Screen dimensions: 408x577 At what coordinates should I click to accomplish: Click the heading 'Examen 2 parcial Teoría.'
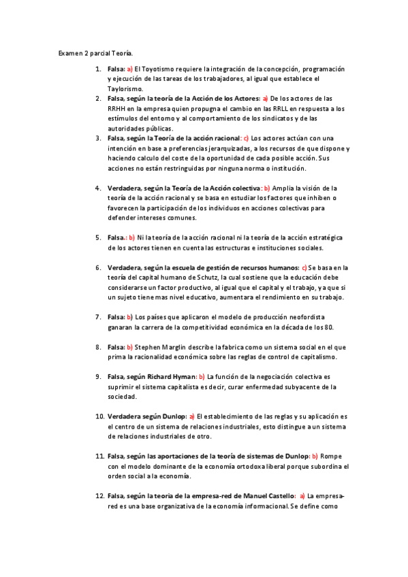coord(95,53)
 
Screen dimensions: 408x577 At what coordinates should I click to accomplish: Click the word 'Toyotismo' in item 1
coord(156,69)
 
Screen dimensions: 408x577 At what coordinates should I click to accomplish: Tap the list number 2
coord(98,99)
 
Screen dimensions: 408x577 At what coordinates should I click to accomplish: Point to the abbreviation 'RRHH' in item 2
coord(117,109)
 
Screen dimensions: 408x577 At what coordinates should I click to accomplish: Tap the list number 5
coord(98,237)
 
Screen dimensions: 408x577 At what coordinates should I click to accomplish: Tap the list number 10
coord(99,416)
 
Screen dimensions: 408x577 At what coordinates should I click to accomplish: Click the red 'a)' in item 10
coord(192,416)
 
